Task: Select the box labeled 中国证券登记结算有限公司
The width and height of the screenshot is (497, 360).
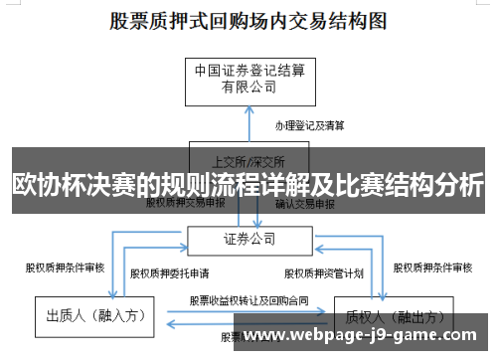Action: click(248, 79)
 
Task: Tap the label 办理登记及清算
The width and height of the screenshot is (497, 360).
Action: click(310, 125)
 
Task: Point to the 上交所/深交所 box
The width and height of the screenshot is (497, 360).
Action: click(248, 159)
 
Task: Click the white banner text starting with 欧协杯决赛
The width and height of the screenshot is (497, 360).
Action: click(248, 185)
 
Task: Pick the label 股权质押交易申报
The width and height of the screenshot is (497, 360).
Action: click(186, 203)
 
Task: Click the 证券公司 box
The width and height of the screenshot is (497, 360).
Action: click(248, 239)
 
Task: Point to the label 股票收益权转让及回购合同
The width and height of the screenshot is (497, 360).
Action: click(248, 299)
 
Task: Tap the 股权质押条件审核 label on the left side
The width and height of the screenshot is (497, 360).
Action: click(65, 267)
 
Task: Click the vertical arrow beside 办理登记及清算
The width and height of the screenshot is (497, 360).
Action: click(248, 124)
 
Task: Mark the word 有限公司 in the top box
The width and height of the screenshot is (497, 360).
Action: click(248, 88)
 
